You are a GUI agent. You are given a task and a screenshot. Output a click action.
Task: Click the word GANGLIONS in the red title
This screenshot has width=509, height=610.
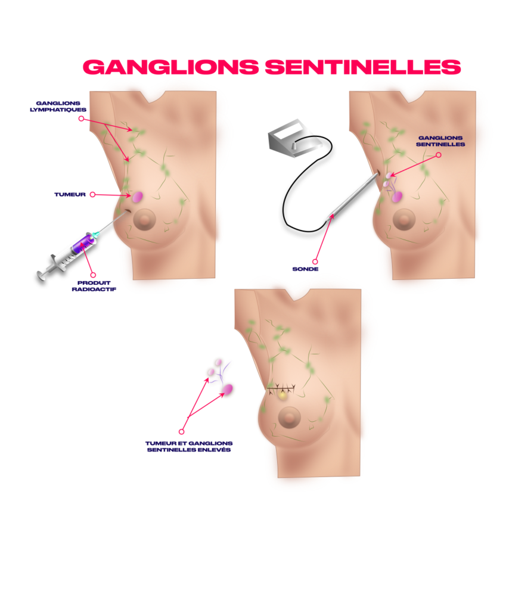(170, 67)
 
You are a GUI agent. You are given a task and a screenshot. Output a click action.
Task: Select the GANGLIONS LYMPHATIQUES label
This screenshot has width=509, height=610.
(59, 106)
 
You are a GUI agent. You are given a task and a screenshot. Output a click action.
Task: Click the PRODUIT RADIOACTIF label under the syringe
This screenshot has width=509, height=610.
(93, 286)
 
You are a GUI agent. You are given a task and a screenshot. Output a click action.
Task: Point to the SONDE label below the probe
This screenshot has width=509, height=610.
(305, 269)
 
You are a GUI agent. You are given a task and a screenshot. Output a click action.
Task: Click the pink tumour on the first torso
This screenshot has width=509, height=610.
(138, 196)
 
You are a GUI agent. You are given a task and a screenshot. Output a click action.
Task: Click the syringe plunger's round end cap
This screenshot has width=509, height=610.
(41, 275)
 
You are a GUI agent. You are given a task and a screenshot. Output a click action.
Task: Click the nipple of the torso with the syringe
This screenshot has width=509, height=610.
(144, 220)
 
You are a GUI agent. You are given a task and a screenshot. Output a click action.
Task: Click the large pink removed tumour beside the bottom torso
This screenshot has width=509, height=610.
(228, 390)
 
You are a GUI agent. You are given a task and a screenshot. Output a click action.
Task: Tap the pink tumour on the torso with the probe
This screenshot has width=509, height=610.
(397, 195)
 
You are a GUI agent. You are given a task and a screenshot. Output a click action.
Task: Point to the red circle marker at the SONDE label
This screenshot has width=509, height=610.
(315, 261)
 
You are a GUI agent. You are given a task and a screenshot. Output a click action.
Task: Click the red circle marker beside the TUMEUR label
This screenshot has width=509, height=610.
(92, 194)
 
